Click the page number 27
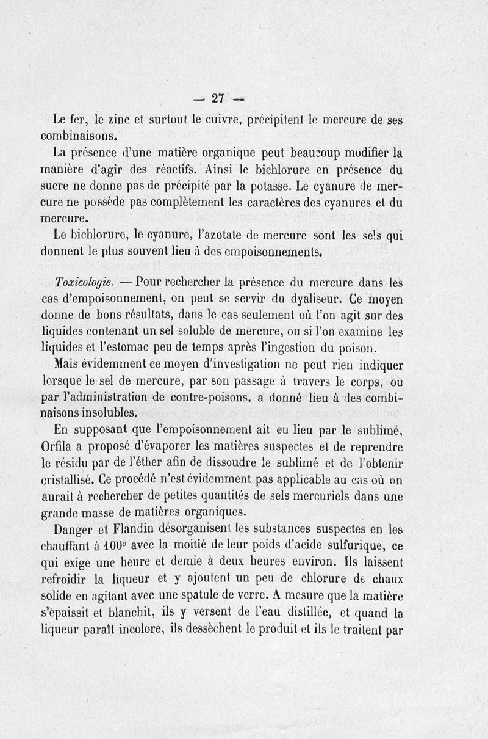pyautogui.click(x=218, y=98)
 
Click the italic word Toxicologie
pyautogui.click(x=84, y=283)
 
